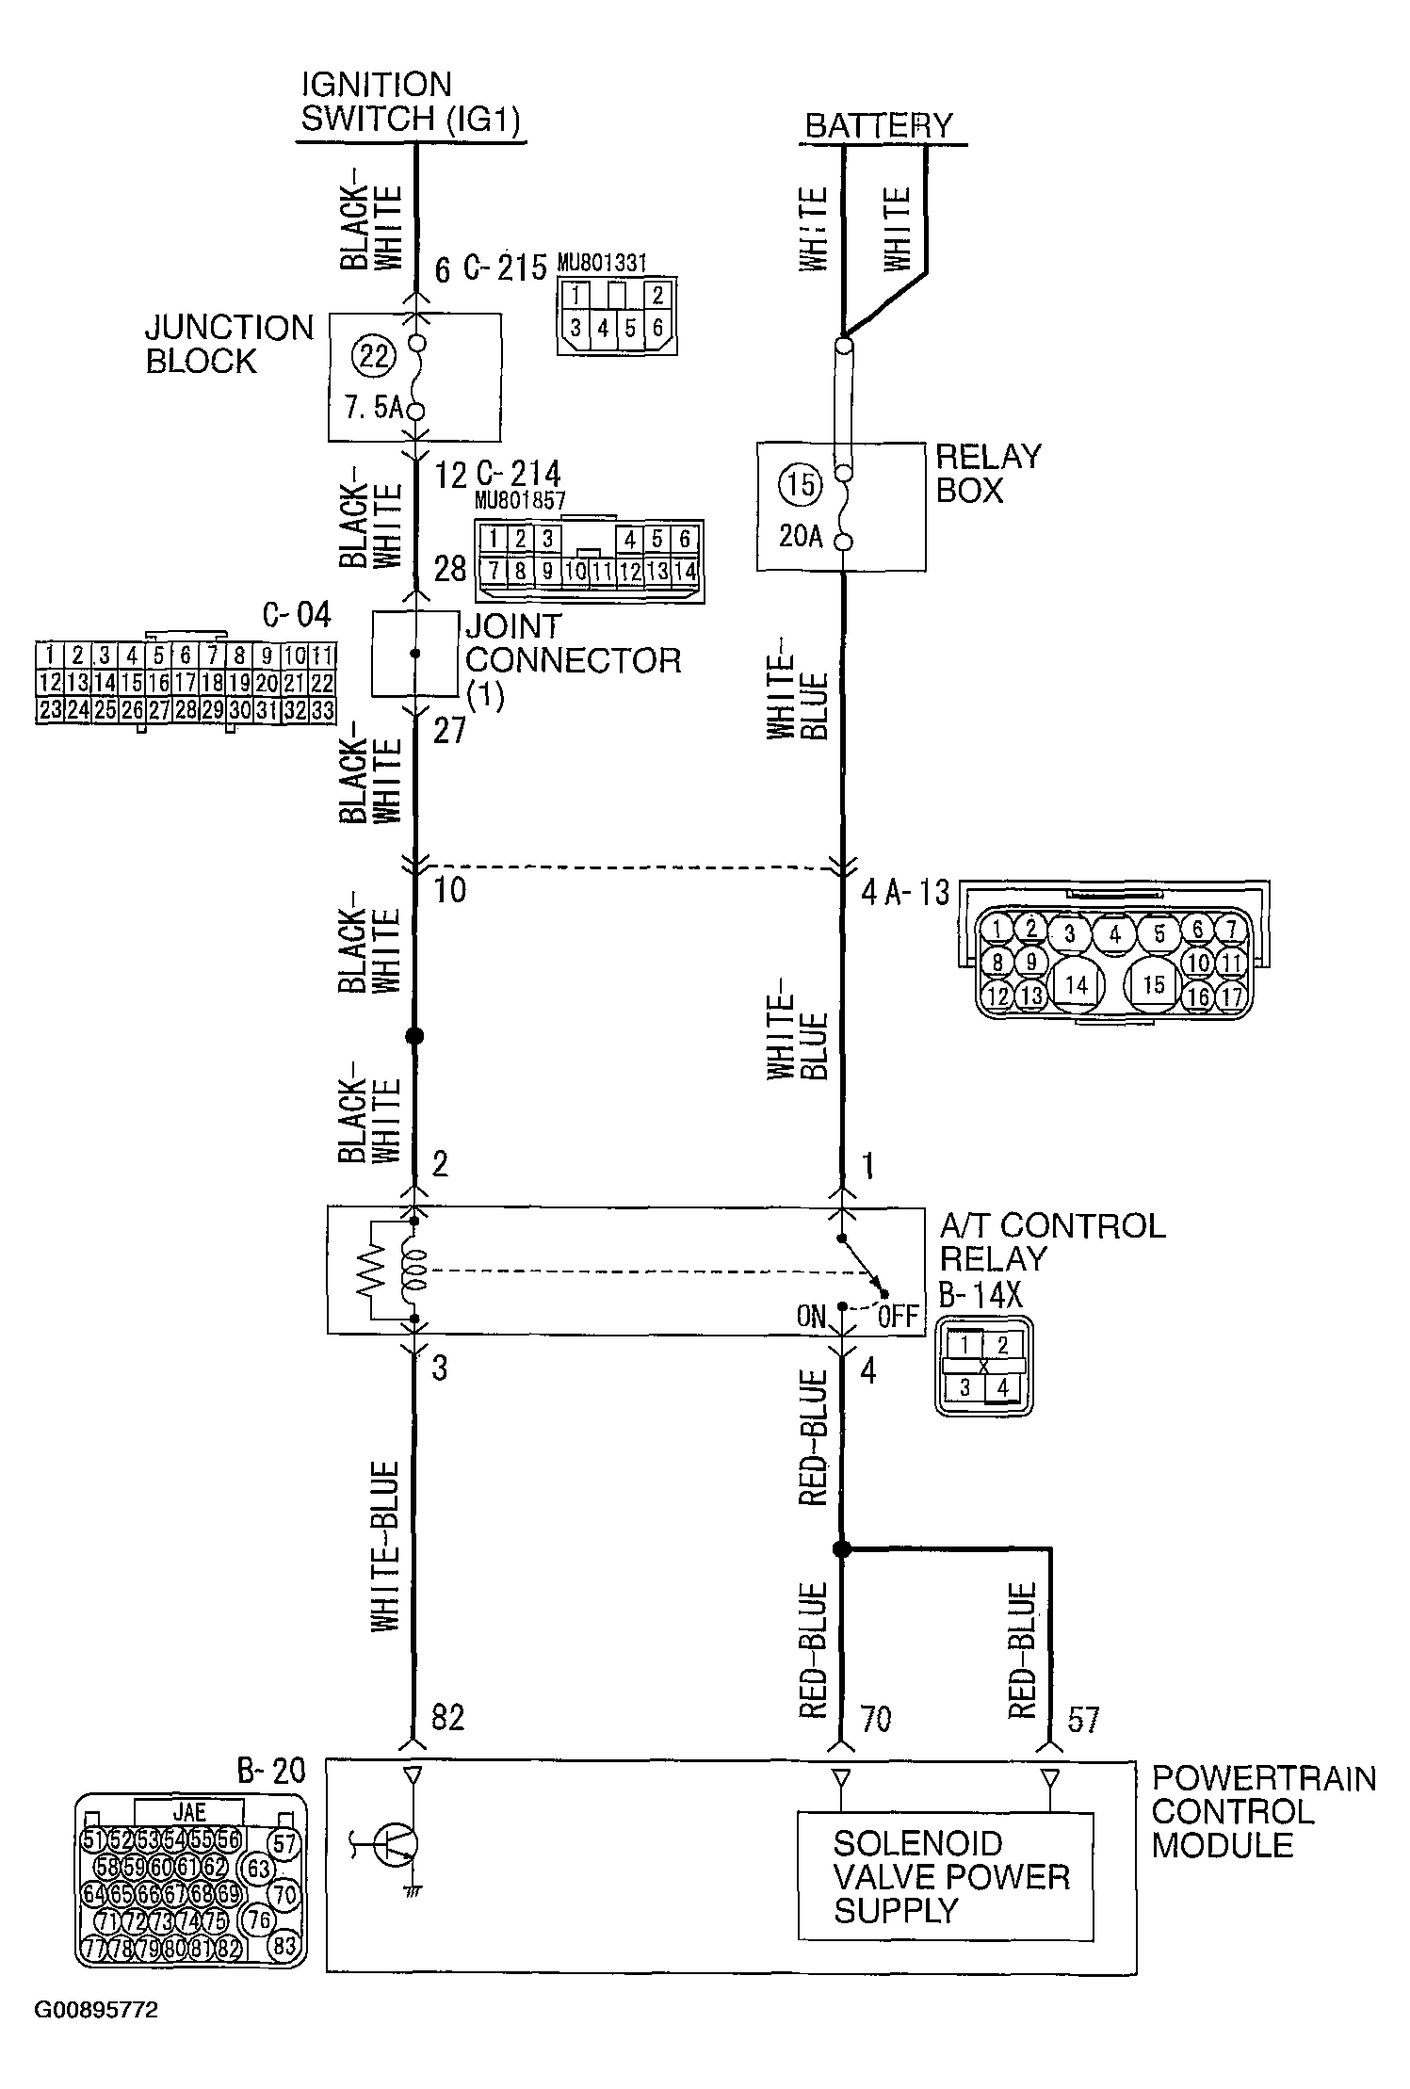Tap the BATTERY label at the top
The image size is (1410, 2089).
click(x=879, y=126)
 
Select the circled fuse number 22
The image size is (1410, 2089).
click(x=374, y=357)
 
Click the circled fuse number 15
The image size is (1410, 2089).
click(x=801, y=484)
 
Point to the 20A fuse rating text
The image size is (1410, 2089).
click(x=801, y=537)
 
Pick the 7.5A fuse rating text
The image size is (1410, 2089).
click(x=374, y=409)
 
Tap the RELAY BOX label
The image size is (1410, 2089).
click(x=988, y=473)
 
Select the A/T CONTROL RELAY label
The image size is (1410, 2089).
click(x=1052, y=1242)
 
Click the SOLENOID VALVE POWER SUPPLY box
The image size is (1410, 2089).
click(x=946, y=1876)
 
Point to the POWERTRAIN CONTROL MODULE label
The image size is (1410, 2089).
click(x=1263, y=1811)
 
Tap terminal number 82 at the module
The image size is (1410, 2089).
click(x=447, y=1718)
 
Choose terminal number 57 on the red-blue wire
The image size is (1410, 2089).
click(x=1083, y=1720)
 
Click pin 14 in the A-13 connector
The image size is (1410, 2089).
click(x=1077, y=985)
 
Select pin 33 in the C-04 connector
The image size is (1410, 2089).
click(x=322, y=710)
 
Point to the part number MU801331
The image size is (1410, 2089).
click(x=602, y=263)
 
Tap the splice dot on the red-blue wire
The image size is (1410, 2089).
click(x=842, y=1549)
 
